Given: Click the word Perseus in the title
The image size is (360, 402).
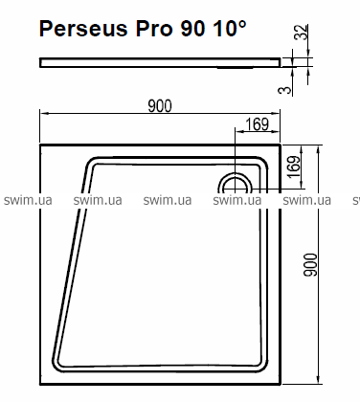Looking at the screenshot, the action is point(83,29).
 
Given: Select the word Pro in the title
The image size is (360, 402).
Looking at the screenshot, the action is point(154,29).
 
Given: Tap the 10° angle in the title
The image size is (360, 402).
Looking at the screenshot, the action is point(230,28).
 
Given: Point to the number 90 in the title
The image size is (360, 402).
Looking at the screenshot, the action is point(192,29).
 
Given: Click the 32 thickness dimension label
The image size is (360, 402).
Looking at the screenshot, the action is point(302,32).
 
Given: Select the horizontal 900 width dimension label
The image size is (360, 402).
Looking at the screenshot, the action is point(160,106).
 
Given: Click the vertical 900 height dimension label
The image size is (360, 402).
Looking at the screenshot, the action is point(310,265).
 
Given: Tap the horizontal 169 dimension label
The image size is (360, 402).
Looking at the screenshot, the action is point(258,124).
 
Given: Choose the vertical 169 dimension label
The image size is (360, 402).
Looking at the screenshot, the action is point(294,167).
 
